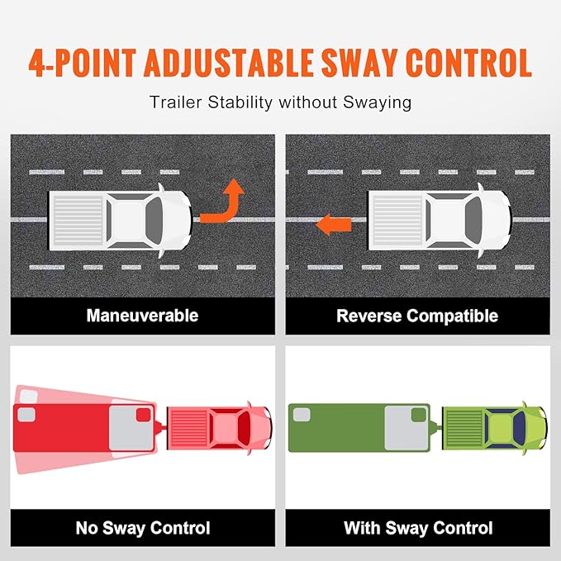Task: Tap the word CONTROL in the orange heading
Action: pos(468,63)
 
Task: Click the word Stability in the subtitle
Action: pos(240,102)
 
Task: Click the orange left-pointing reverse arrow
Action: pos(334,225)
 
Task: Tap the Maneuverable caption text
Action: pos(142,316)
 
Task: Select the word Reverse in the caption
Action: pos(368,316)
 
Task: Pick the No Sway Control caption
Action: pos(143,528)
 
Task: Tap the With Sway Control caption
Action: pos(418,528)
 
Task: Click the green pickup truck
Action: pos(494,428)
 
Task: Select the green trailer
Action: pos(359,428)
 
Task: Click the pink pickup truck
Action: pos(220,428)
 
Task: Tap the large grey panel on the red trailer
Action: pos(131,428)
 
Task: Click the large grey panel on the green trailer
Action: pos(406,428)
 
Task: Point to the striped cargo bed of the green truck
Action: pos(464,428)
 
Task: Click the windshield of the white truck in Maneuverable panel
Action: pos(155,221)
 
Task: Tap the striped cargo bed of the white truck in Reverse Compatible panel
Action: pos(398,221)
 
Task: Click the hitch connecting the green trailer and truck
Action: pos(436,427)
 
